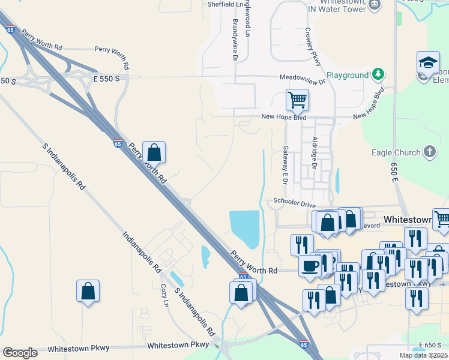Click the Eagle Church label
tap(396, 152)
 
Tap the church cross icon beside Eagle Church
tap(430, 152)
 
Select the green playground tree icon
tap(378, 75)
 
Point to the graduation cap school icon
tap(427, 62)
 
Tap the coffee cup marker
tap(310, 266)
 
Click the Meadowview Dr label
tap(302, 77)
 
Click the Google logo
tap(20, 353)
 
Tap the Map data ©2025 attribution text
tap(423, 355)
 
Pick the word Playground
tap(347, 76)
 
